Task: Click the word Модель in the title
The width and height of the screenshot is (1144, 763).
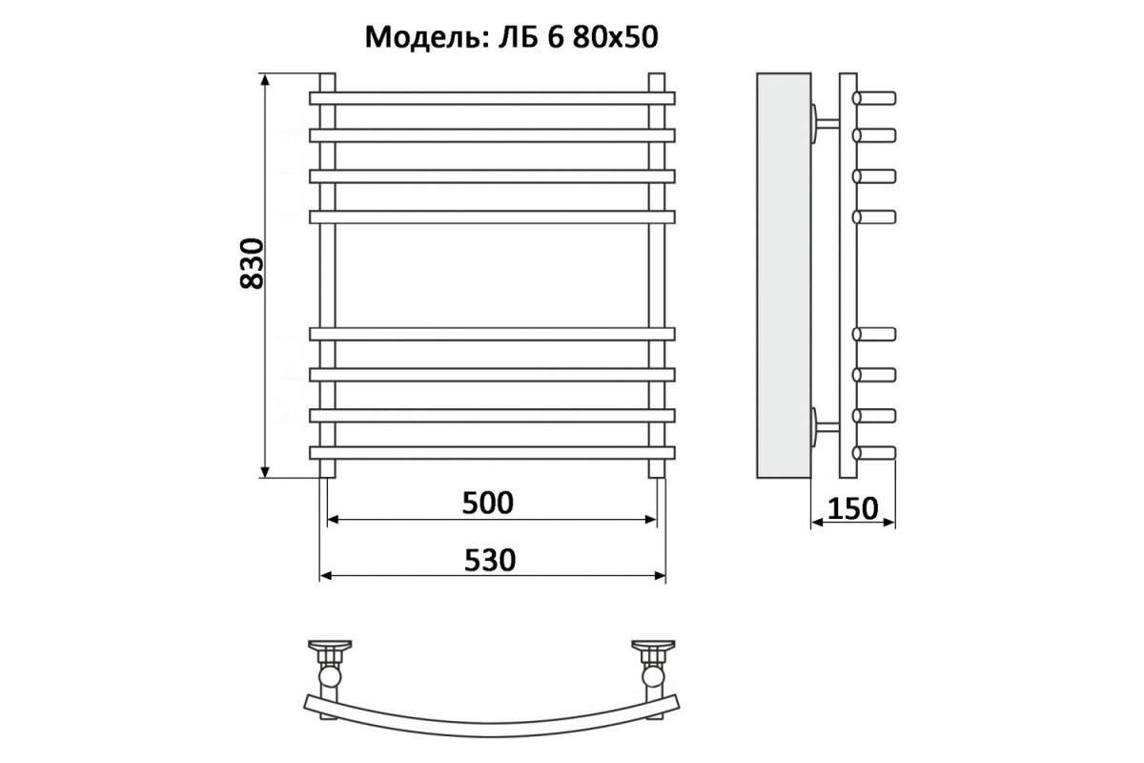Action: (424, 37)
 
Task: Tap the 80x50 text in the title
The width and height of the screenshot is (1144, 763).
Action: (616, 37)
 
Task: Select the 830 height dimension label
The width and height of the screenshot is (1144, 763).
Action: (252, 263)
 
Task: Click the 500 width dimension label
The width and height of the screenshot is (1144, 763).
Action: (488, 503)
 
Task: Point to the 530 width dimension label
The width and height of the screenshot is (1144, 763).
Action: (490, 560)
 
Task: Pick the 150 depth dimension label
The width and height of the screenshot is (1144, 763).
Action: (852, 508)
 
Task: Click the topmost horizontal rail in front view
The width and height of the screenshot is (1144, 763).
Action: (492, 98)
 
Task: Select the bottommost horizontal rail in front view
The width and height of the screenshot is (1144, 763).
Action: (492, 453)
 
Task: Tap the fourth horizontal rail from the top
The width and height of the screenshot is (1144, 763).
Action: (492, 217)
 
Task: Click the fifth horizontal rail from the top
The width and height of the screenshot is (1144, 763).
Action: (492, 334)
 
